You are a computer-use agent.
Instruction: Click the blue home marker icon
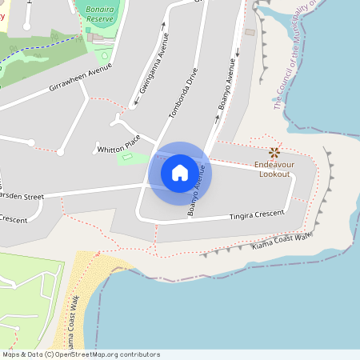click(180, 173)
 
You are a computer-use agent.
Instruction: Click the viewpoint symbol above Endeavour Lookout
click(274, 152)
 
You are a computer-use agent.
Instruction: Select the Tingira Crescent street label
click(258, 214)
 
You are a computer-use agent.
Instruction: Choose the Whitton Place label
click(118, 149)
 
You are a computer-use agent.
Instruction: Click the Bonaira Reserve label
click(99, 12)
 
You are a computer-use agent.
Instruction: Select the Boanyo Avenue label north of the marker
click(227, 85)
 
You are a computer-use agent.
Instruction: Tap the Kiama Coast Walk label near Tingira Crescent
click(281, 241)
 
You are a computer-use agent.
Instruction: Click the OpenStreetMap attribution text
click(80, 354)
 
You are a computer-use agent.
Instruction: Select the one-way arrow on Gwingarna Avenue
click(164, 25)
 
